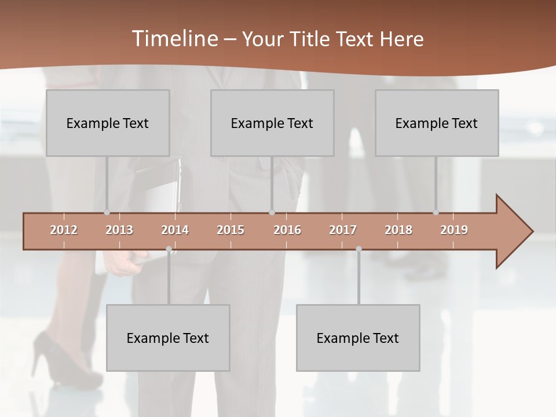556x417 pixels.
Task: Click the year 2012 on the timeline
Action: [x=64, y=230]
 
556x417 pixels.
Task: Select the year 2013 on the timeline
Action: [x=119, y=230]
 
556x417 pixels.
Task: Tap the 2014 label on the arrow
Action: [x=175, y=230]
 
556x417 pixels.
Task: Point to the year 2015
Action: [x=231, y=230]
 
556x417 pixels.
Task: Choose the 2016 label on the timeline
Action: [x=287, y=230]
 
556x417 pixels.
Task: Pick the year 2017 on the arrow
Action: [x=343, y=230]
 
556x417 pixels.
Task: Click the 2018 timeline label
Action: [x=398, y=230]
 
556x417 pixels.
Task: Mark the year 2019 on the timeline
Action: [x=454, y=230]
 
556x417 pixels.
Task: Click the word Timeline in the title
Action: [x=174, y=39]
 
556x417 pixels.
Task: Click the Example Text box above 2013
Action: [x=108, y=123]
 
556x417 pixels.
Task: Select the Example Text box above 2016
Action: [x=272, y=123]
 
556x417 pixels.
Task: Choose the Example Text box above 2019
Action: [x=437, y=123]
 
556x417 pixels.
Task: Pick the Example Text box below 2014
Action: [x=168, y=338]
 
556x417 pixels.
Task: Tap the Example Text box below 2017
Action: [x=358, y=338]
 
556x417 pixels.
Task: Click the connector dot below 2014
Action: [x=169, y=249]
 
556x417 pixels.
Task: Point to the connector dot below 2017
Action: [x=359, y=249]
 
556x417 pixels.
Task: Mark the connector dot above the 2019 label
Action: [x=436, y=213]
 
